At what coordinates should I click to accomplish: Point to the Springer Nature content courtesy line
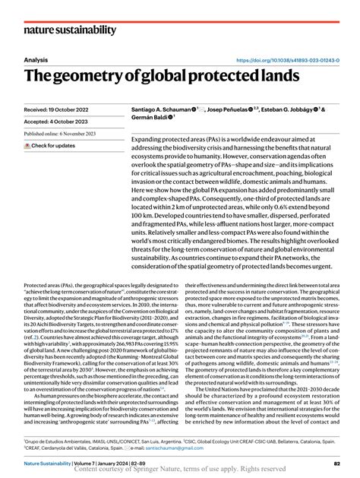[180, 472]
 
